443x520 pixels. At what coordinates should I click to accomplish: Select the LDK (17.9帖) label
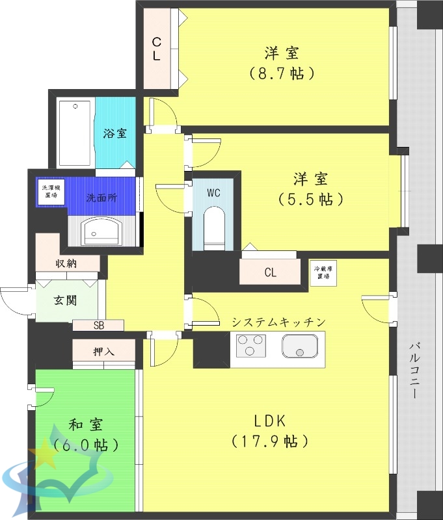tap(269, 430)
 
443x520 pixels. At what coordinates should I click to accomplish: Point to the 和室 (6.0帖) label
tap(87, 435)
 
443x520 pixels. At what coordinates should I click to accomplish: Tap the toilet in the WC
tap(214, 227)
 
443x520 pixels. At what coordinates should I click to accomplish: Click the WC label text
tap(214, 193)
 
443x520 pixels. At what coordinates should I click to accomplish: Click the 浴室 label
tap(115, 133)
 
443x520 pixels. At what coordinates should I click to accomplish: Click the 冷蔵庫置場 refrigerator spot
tap(321, 272)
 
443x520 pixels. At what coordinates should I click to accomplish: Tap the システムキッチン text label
tap(278, 322)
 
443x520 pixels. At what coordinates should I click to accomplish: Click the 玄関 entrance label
tap(64, 301)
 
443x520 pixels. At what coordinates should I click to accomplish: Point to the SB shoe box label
tap(98, 325)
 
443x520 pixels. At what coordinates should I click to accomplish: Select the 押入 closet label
tap(104, 352)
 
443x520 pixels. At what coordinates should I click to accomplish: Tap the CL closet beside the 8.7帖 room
tap(157, 49)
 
